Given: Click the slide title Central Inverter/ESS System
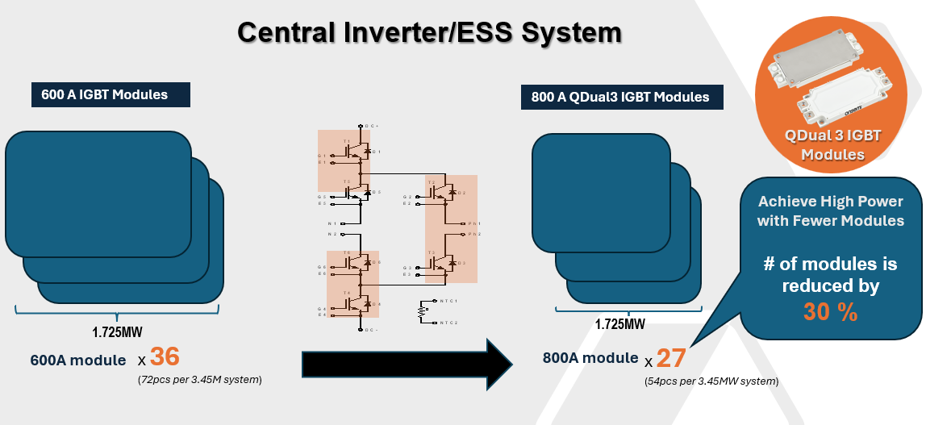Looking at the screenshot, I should pyautogui.click(x=430, y=33).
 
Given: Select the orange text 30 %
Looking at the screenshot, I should pyautogui.click(x=830, y=313).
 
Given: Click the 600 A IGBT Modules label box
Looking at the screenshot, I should pyautogui.click(x=111, y=94).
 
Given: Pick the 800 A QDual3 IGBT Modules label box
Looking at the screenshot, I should pyautogui.click(x=621, y=97).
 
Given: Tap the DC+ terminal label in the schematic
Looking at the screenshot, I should pyautogui.click(x=372, y=127).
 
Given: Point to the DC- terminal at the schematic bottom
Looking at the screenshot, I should pyautogui.click(x=371, y=330).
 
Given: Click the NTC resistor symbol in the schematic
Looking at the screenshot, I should pyautogui.click(x=420, y=311).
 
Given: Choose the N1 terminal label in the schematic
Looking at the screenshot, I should pyautogui.click(x=332, y=222).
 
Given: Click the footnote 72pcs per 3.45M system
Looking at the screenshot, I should pyautogui.click(x=200, y=378).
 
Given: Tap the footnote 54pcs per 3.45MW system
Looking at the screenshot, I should pyautogui.click(x=711, y=381).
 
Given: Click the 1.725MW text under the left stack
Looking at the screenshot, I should pyautogui.click(x=118, y=330).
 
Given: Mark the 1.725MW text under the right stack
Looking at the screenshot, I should pyautogui.click(x=619, y=324).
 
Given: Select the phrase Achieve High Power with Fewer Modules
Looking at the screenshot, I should pyautogui.click(x=830, y=210).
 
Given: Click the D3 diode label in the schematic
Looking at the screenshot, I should pyautogui.click(x=462, y=263).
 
